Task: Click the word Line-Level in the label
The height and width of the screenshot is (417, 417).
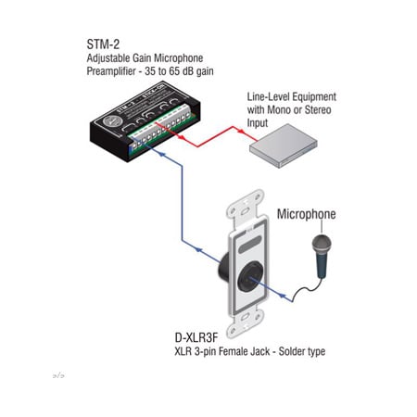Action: pyautogui.click(x=268, y=95)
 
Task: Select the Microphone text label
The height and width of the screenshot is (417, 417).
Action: pyautogui.click(x=307, y=215)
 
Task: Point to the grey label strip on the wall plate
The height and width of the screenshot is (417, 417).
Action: pyautogui.click(x=246, y=248)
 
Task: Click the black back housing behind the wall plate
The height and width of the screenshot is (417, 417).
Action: pyautogui.click(x=226, y=269)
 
